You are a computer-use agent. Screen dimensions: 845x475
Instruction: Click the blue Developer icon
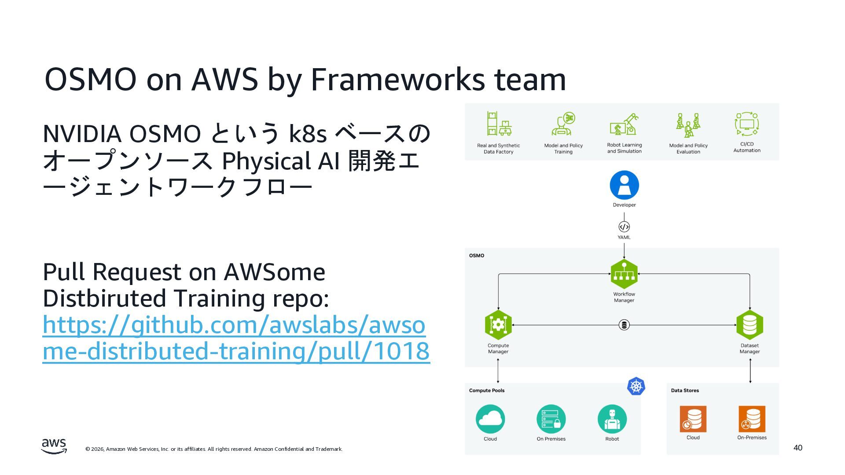(624, 185)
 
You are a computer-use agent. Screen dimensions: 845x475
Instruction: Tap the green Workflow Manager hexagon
(624, 274)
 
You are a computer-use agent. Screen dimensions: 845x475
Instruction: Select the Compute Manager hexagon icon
(498, 325)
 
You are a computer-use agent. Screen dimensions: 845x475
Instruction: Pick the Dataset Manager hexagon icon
(749, 325)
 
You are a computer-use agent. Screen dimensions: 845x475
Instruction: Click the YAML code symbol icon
(624, 227)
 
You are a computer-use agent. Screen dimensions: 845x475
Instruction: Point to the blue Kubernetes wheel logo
(636, 387)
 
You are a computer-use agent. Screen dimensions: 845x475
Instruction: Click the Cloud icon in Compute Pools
(490, 419)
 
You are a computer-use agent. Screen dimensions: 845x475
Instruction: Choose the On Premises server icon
(551, 419)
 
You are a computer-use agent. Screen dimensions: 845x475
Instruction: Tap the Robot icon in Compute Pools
(612, 419)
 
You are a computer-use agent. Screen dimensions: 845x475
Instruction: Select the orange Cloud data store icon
(693, 419)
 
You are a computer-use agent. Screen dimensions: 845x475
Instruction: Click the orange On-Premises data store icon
(752, 419)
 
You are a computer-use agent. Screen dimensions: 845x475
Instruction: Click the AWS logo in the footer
(54, 446)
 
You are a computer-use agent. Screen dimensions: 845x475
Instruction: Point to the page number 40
(798, 448)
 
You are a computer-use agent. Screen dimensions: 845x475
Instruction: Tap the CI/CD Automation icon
(747, 124)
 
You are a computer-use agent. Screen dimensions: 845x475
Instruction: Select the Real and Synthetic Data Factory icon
(499, 124)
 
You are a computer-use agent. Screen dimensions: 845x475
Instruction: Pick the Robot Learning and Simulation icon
(624, 124)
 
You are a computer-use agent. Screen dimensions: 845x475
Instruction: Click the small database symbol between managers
(624, 325)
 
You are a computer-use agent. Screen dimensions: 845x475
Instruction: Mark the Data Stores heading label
(685, 391)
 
